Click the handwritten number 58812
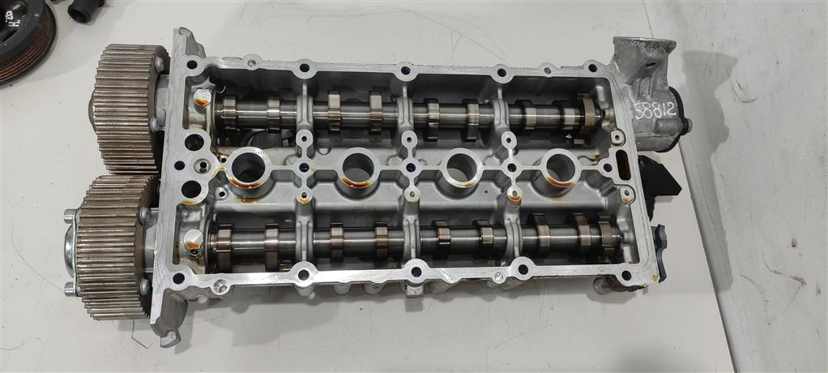point(654,110)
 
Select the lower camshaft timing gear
point(110,247)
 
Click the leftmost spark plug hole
point(248,168)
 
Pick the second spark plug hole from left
point(358,168)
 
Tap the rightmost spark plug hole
point(560,168)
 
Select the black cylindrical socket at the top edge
point(87,10)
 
